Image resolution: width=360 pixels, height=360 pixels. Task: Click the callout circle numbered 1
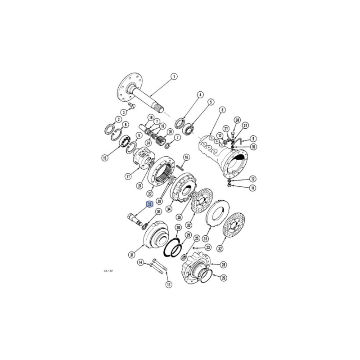[174, 76]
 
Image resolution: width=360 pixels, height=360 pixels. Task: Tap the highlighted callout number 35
[150, 204]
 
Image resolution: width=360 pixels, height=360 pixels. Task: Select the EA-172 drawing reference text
[108, 271]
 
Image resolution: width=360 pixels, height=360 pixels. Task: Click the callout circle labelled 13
[169, 285]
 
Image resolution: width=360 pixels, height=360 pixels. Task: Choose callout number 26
[223, 278]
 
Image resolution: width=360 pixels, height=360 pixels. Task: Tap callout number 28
[223, 265]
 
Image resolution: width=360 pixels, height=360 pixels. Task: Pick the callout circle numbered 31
[131, 255]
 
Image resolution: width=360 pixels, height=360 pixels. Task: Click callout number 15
[105, 158]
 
